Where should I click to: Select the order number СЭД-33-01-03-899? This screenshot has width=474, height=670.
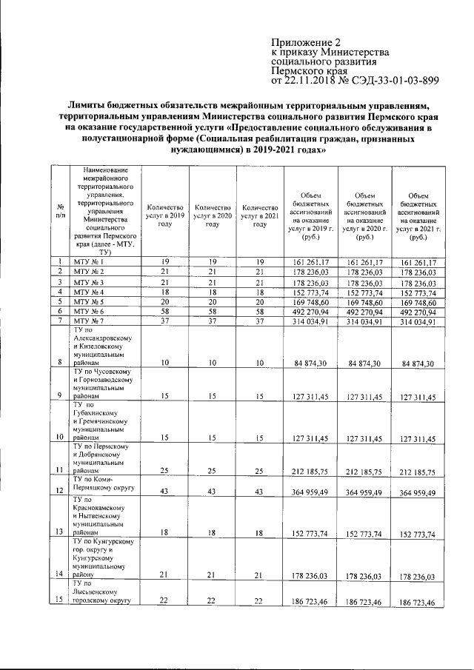392,81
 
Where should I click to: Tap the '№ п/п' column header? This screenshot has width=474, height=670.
59,210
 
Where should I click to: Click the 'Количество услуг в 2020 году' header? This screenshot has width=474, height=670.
212,215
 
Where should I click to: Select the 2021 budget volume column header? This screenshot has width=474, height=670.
419,215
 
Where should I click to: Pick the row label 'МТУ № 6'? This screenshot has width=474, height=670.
89,312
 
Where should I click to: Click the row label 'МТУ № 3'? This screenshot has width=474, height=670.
89,283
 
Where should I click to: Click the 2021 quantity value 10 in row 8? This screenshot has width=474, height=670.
259,363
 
